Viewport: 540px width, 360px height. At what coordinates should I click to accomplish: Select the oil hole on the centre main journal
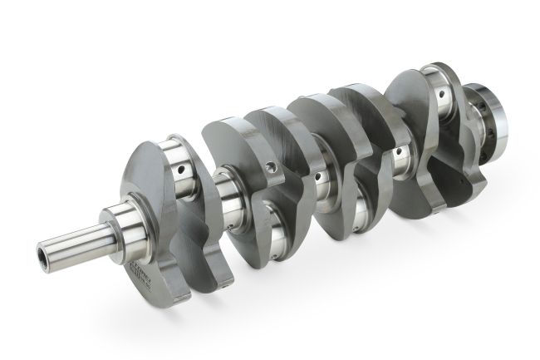click(x=318, y=176)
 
